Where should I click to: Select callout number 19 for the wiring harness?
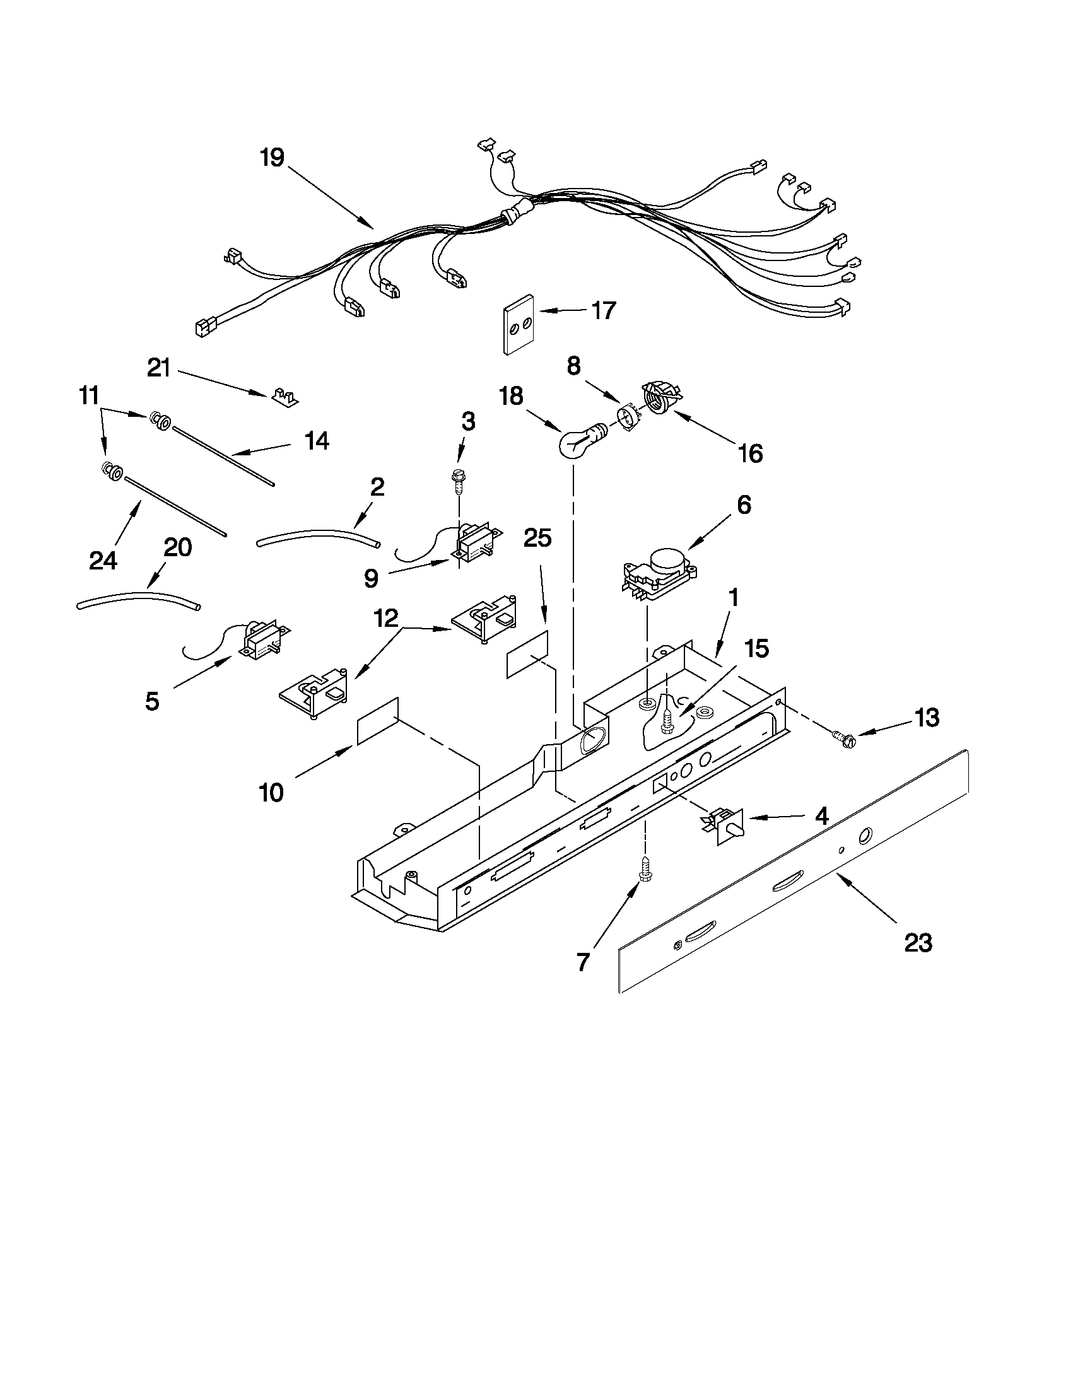[272, 158]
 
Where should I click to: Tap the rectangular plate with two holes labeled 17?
[517, 324]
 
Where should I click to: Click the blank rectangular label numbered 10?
[378, 720]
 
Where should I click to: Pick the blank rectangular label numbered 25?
[527, 655]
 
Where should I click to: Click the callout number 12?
[386, 617]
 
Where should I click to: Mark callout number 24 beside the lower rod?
[103, 560]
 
